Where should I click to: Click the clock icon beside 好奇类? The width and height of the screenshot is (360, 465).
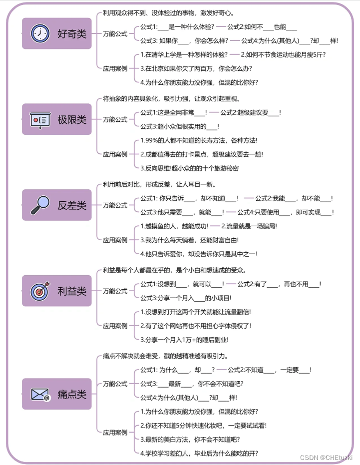tap(40, 33)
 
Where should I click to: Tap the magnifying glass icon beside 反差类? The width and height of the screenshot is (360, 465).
tap(40, 205)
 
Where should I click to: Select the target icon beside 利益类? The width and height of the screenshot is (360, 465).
tap(40, 291)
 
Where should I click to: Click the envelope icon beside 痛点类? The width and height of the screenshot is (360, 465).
tap(40, 395)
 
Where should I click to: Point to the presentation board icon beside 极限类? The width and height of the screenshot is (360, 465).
tap(40, 119)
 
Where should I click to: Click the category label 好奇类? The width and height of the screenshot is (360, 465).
tap(72, 34)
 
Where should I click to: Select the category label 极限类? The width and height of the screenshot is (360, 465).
tap(72, 120)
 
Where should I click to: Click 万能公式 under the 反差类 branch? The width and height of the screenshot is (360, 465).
tap(115, 205)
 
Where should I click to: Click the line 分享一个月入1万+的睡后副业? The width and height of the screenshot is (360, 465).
tap(187, 340)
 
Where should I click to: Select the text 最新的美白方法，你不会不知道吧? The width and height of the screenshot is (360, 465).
tap(190, 439)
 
